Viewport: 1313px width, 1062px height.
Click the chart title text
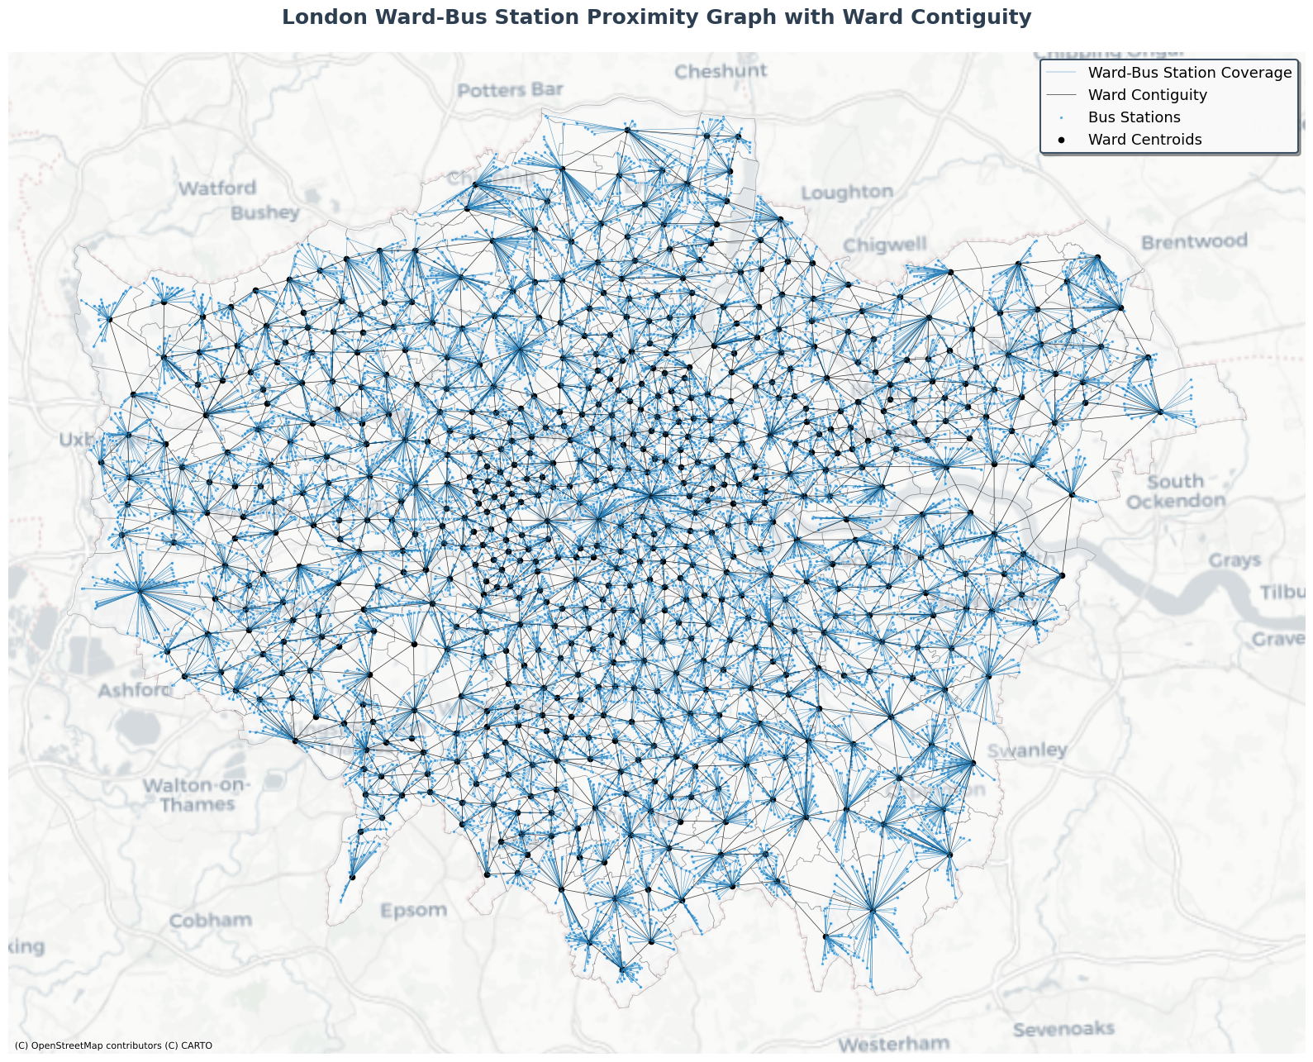(656, 17)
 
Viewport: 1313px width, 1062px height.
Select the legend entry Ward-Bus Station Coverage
(1189, 73)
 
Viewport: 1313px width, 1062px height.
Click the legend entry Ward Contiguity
(1147, 95)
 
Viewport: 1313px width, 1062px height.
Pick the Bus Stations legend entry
(1134, 117)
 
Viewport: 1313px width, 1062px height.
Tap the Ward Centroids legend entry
(1144, 140)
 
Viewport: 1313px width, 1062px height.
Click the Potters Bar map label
(511, 90)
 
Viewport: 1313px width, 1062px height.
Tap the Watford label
(217, 188)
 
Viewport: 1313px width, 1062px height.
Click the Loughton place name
(847, 193)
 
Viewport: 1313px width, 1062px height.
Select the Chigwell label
(885, 245)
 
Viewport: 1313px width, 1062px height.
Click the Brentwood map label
(1194, 242)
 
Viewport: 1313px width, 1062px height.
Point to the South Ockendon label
(1176, 492)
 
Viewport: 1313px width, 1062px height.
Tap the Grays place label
(1235, 561)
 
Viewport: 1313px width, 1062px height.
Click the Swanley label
(1027, 750)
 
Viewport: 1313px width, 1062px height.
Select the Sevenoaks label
(1063, 1030)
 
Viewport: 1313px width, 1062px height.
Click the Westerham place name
(893, 1044)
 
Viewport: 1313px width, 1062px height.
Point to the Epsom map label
(413, 911)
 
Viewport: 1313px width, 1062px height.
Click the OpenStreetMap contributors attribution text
(113, 1045)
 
